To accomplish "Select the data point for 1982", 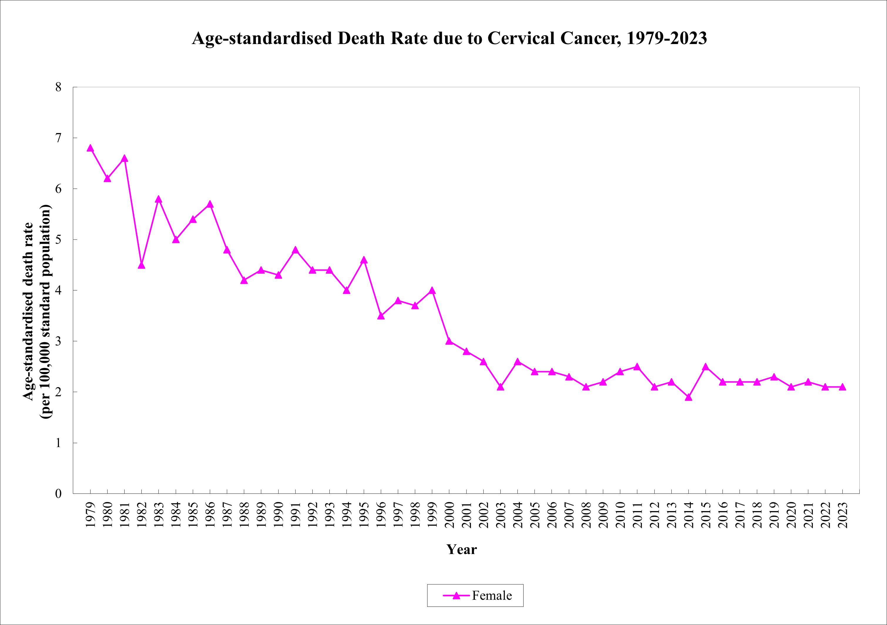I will (141, 265).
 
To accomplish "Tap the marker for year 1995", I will (363, 260).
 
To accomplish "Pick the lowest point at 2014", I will (688, 397).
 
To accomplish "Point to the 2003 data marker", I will (500, 387).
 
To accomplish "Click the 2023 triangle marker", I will (842, 387).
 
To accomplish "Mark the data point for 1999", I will (432, 291).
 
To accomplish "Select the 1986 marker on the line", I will (210, 204).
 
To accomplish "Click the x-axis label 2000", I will (449, 515).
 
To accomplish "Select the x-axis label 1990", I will (278, 515).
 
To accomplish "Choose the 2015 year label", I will (706, 515).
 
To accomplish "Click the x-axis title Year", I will (462, 549).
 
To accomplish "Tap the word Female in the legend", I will (492, 596).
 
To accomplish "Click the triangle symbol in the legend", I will (456, 596).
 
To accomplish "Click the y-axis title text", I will (37, 311).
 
